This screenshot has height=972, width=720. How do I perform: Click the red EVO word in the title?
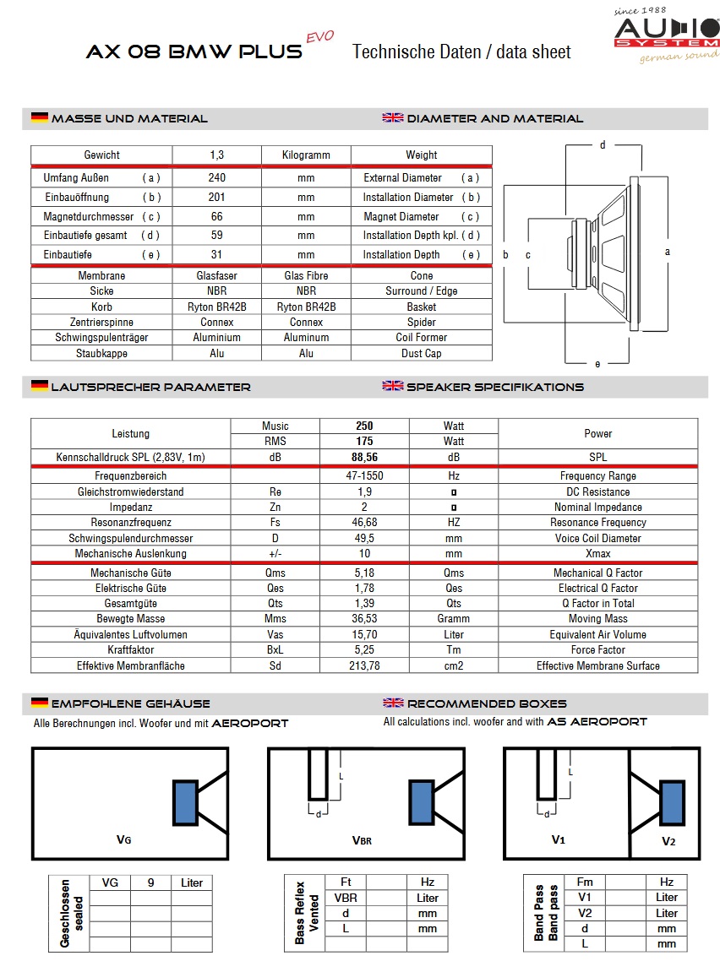coord(319,37)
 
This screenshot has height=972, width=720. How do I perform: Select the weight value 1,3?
coord(217,155)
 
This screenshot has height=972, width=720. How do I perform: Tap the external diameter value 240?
coord(217,178)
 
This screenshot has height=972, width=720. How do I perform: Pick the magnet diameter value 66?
coord(217,217)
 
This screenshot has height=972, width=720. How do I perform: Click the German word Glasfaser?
coord(217,276)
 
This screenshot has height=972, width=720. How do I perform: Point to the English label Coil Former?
coord(421,338)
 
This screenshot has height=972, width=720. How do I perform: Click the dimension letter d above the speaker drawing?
coord(603,145)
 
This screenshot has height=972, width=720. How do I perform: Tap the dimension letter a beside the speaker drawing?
coord(668,252)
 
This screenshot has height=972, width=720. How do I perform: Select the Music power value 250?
coord(364,426)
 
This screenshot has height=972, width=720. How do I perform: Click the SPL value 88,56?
coord(364,458)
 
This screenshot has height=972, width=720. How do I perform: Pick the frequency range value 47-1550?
coord(364,476)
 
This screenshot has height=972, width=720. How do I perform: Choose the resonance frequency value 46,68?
coord(364,523)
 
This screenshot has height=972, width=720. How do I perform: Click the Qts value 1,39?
coord(364,604)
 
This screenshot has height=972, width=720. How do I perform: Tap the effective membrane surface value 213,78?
coord(364,666)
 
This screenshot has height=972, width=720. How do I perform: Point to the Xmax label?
coord(597,554)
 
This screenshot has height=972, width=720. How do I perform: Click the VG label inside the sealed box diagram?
coord(123,839)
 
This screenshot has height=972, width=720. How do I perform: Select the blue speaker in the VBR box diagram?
coord(421,803)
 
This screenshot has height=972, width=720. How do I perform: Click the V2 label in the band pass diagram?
coord(668,841)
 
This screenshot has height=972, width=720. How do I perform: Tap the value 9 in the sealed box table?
coord(150,883)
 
